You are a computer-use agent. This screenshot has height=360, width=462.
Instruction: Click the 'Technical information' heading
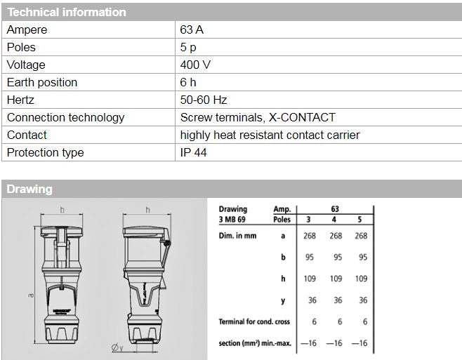point(67,12)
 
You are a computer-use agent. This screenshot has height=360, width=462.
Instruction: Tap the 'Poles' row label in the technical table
point(21,47)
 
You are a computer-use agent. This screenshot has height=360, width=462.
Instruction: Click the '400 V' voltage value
point(196,65)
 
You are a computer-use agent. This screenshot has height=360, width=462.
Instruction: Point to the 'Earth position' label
point(42,82)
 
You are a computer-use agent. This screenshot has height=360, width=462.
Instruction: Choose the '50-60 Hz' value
point(204,100)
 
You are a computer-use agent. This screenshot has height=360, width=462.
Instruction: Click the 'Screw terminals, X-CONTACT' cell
point(258,117)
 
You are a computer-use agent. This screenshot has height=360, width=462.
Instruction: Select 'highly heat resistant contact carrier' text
point(270,135)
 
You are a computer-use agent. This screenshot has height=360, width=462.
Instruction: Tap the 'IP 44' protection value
point(194,152)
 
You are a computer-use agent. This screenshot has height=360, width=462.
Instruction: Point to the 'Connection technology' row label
point(65,117)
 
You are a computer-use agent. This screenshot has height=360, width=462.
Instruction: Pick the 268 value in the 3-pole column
point(309,236)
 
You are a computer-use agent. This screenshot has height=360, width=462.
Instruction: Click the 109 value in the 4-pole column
point(336,279)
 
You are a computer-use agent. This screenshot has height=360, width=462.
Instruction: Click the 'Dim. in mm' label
point(237,236)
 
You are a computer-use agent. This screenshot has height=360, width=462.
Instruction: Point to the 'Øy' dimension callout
point(116,346)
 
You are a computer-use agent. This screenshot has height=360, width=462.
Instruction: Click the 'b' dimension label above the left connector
point(62,210)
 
